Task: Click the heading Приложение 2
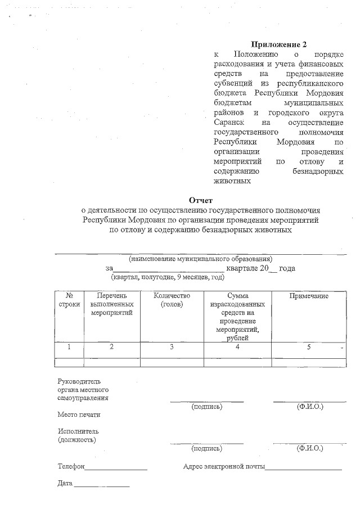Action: tap(279, 44)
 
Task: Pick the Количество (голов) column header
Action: tap(172, 300)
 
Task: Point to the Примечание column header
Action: tap(308, 296)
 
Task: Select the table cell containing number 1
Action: tap(69, 347)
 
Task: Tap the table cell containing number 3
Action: tap(172, 347)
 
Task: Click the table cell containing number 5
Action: tap(308, 347)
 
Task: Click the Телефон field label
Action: tap(71, 466)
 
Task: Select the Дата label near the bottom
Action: tap(65, 483)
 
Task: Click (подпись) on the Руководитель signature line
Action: tap(206, 406)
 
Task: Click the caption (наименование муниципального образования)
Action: tap(200, 259)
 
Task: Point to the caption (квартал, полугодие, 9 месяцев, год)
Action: tap(168, 277)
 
